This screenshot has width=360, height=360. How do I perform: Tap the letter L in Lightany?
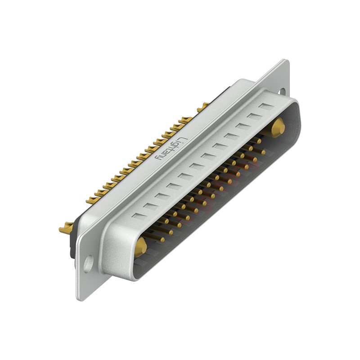pyautogui.click(x=180, y=139)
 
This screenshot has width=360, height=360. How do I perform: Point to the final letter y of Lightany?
pyautogui.click(x=158, y=157)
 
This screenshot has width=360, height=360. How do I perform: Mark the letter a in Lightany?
pyautogui.click(x=165, y=153)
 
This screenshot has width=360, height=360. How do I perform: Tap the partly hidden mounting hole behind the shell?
pyautogui.click(x=282, y=91)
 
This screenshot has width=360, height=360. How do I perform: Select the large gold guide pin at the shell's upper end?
pyautogui.click(x=278, y=127)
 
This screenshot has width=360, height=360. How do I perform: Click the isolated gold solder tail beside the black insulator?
pyautogui.click(x=67, y=228)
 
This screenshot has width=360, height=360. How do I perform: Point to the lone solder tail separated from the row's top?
pyautogui.click(x=203, y=107)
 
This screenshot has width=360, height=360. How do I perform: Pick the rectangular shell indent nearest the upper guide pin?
pyautogui.click(x=266, y=107)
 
